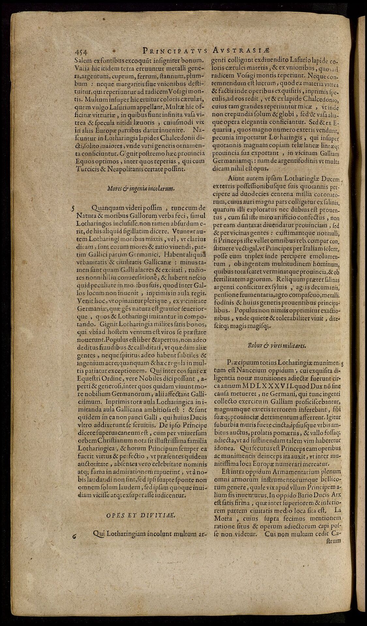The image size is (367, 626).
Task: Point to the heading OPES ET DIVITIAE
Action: [x=141, y=515]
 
